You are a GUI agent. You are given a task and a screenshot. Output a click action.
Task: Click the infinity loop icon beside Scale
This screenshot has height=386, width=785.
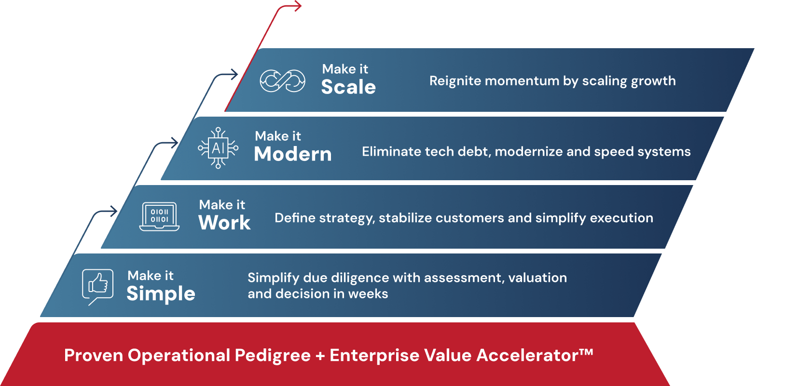[282, 81]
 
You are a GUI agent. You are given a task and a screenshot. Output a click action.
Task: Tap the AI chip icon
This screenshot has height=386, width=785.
[218, 148]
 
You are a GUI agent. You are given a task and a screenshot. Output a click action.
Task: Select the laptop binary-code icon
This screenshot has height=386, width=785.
[159, 216]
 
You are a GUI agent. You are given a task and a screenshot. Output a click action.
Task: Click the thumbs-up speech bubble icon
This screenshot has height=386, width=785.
[98, 287]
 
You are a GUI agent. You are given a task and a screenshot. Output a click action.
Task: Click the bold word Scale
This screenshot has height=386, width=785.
[348, 87]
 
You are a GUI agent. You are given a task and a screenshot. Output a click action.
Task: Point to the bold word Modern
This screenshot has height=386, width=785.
[293, 154]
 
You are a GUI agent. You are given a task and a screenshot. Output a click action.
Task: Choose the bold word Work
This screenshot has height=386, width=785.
[225, 222]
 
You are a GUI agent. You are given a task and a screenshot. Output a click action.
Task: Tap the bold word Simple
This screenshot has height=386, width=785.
[161, 293]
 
